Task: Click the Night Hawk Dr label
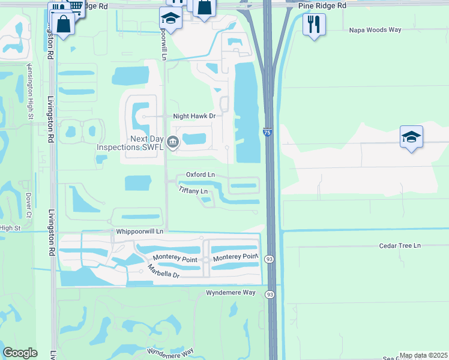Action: point(194,115)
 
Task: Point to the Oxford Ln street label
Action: point(200,175)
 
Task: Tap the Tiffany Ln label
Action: point(193,190)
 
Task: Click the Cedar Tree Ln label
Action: point(400,245)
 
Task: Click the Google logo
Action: point(20,353)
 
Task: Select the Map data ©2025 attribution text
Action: point(423,355)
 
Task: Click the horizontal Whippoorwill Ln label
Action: point(138,231)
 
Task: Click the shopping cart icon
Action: point(76,7)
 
